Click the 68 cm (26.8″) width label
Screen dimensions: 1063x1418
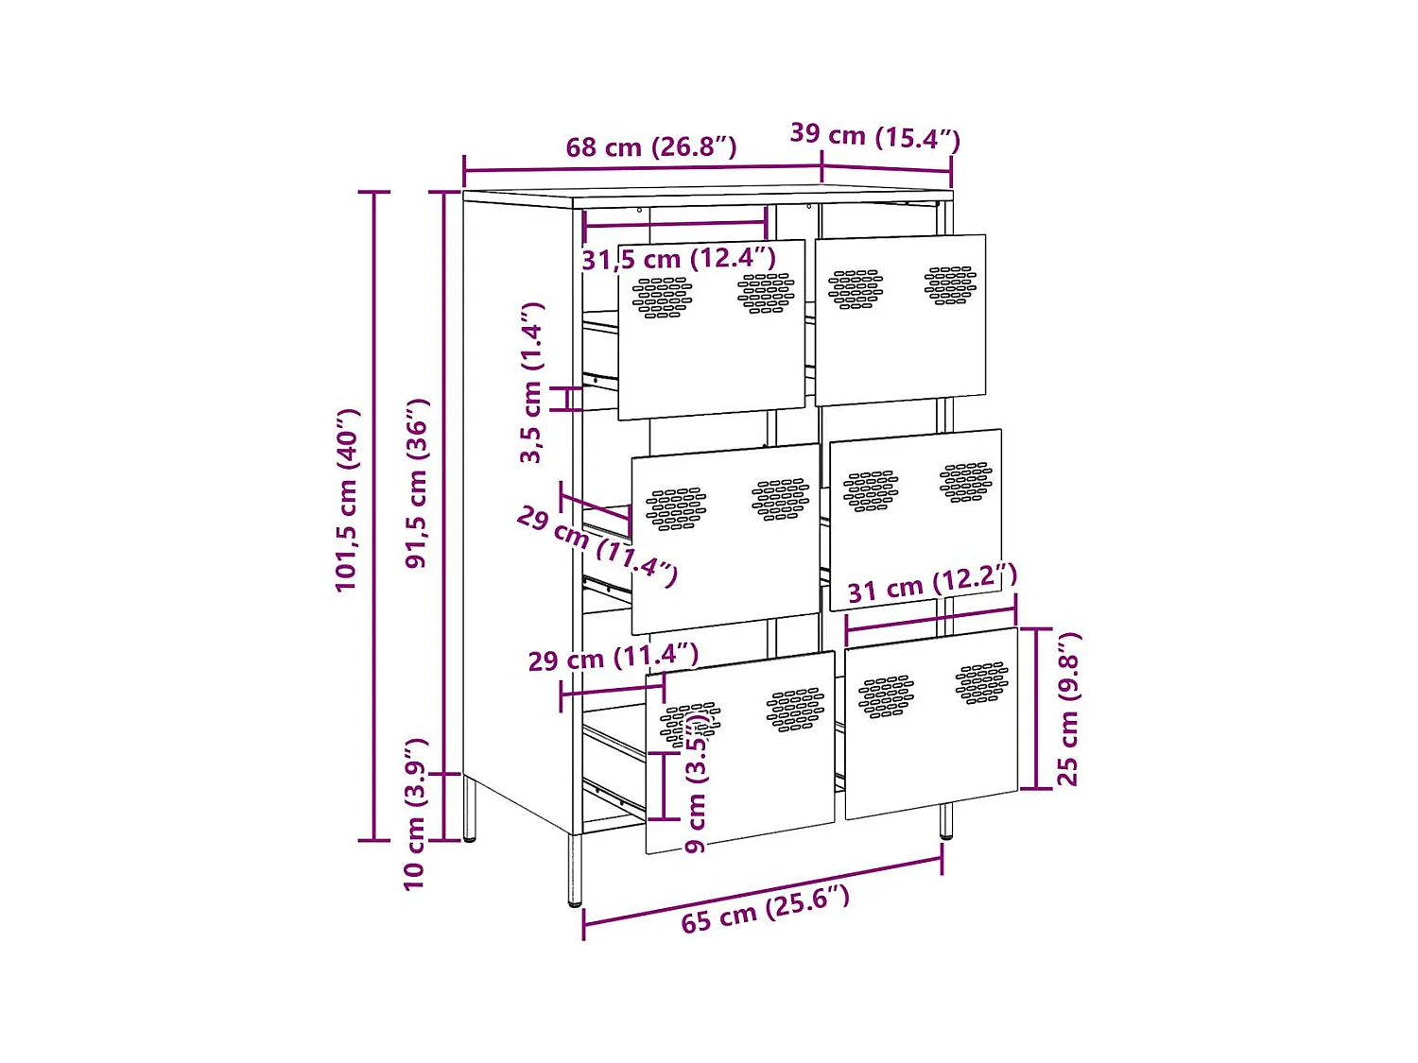point(650,147)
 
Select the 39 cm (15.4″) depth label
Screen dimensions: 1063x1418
point(874,137)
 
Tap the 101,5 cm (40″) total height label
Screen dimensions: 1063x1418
point(347,501)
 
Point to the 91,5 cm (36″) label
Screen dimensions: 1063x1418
point(417,483)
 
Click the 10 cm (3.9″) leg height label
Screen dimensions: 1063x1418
point(415,814)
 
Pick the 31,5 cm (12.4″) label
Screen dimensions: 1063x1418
point(678,258)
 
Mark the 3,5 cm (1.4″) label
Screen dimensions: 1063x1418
point(532,383)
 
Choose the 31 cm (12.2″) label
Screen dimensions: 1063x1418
point(931,584)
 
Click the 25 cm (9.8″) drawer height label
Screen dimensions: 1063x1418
point(1067,709)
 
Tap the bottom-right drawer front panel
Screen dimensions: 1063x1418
point(931,756)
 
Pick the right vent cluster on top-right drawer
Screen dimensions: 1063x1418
point(951,284)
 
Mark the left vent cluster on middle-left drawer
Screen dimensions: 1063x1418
point(675,509)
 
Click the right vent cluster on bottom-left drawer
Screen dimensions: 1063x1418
point(795,710)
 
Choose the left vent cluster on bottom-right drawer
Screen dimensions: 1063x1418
point(886,697)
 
